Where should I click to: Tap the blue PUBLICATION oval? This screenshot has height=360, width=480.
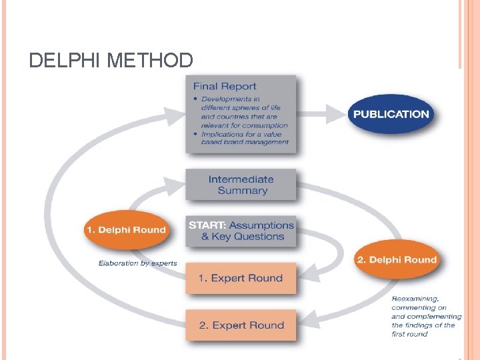(x=391, y=114)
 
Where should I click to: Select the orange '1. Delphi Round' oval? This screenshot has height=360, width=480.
(x=125, y=230)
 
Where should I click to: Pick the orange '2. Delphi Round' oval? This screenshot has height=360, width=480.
(x=396, y=260)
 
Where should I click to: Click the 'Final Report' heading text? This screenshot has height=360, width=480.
(x=224, y=86)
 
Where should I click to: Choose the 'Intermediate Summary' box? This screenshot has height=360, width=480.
(x=241, y=185)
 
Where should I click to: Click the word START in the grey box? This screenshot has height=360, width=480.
(x=207, y=225)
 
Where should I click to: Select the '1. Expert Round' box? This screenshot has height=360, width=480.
(x=241, y=278)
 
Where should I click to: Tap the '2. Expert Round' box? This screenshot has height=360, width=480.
(x=241, y=325)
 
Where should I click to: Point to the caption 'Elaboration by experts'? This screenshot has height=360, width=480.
(x=138, y=263)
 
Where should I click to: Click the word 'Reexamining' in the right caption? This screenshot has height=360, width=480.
(x=415, y=299)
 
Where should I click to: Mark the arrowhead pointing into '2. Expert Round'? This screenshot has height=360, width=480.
(x=305, y=325)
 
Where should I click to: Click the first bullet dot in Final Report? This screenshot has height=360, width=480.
(x=195, y=99)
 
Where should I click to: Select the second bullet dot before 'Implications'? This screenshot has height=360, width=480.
(x=195, y=134)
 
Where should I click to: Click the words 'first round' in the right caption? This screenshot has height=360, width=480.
(x=409, y=333)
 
